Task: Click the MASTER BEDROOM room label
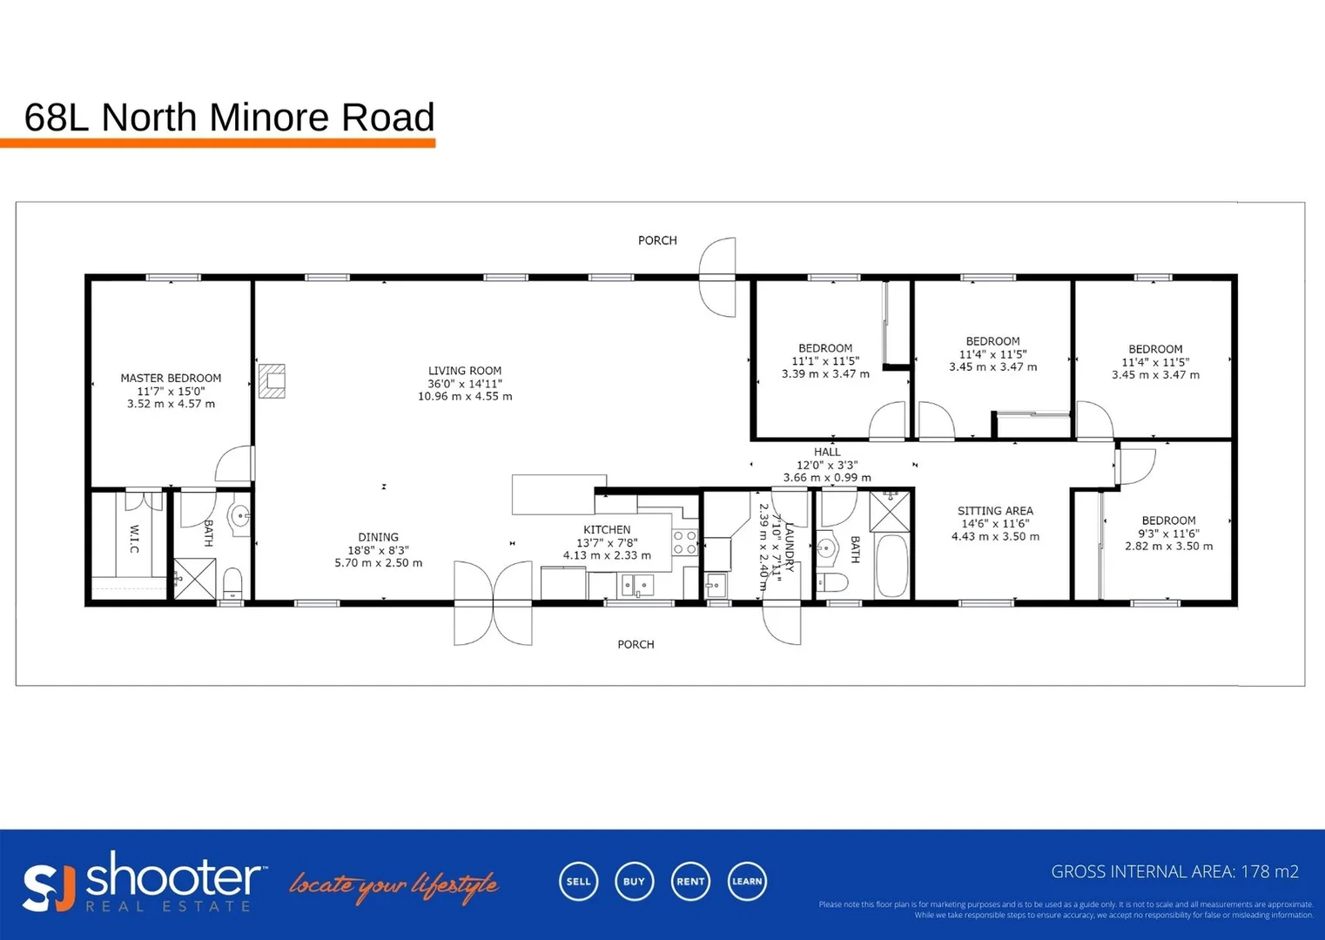(x=171, y=379)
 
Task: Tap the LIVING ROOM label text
(x=465, y=371)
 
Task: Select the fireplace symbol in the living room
(x=272, y=380)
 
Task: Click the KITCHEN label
(x=607, y=529)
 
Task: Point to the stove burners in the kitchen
(x=685, y=543)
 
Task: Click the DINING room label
(x=378, y=537)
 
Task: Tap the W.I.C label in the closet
(x=134, y=538)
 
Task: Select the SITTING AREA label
(x=995, y=511)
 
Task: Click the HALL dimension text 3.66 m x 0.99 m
(x=826, y=478)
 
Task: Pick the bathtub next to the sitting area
(x=891, y=566)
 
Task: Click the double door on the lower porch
(x=493, y=602)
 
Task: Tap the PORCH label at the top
(x=657, y=240)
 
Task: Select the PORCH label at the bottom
(x=636, y=644)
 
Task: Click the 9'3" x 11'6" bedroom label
(x=1168, y=534)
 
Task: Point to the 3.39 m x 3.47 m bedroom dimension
(x=825, y=374)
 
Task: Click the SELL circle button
(x=578, y=881)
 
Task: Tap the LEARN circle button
(x=747, y=881)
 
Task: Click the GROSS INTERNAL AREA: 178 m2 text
(x=1174, y=871)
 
